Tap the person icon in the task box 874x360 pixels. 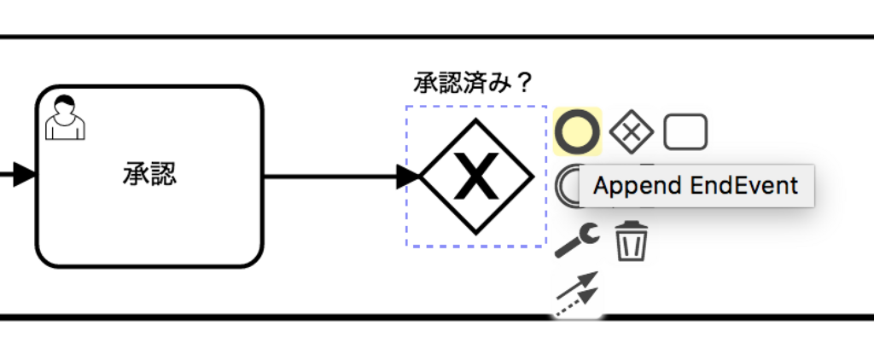point(65,118)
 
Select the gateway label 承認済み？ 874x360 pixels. point(473,83)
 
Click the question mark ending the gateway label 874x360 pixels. point(524,83)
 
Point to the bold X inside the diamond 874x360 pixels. point(477,177)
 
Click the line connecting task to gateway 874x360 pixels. point(333,177)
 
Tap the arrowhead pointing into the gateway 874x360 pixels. point(411,177)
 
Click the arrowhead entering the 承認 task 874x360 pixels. point(24,176)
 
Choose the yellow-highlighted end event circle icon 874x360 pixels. point(577,131)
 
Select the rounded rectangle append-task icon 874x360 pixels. point(685,131)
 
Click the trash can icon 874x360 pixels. point(632,241)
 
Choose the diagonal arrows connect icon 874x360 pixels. point(577,295)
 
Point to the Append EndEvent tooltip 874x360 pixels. point(696,186)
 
